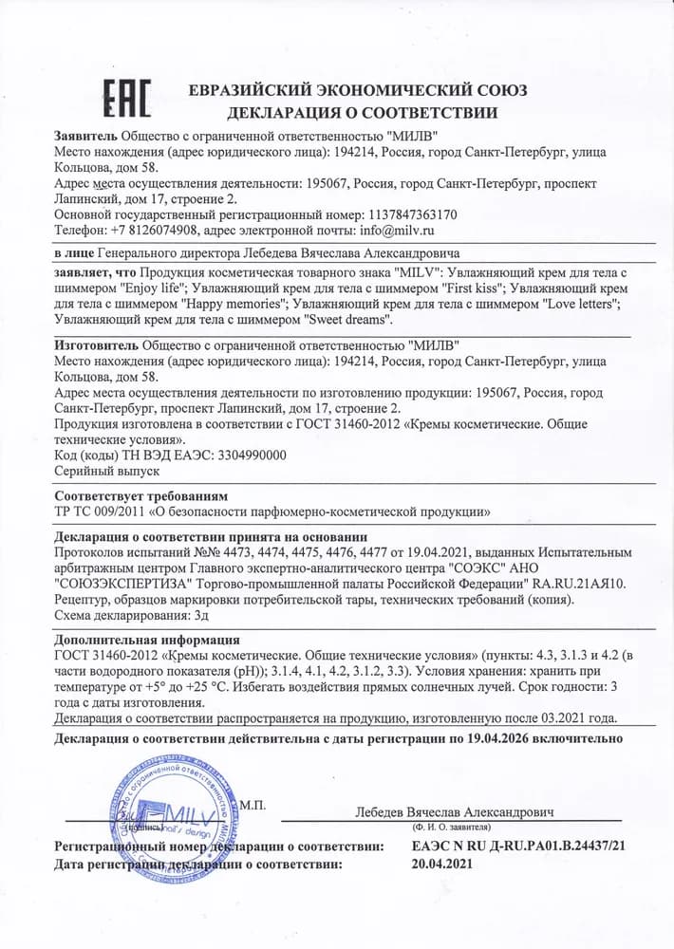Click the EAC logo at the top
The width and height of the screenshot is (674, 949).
pyautogui.click(x=125, y=100)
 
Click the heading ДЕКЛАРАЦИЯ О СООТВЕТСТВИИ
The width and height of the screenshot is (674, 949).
pyautogui.click(x=357, y=114)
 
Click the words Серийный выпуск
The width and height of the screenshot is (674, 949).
pyautogui.click(x=106, y=471)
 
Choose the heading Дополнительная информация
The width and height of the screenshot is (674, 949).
pyautogui.click(x=147, y=640)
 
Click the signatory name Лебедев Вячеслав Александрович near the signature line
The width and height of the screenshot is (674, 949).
pyautogui.click(x=455, y=812)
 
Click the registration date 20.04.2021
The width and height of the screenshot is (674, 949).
pyautogui.click(x=441, y=864)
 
